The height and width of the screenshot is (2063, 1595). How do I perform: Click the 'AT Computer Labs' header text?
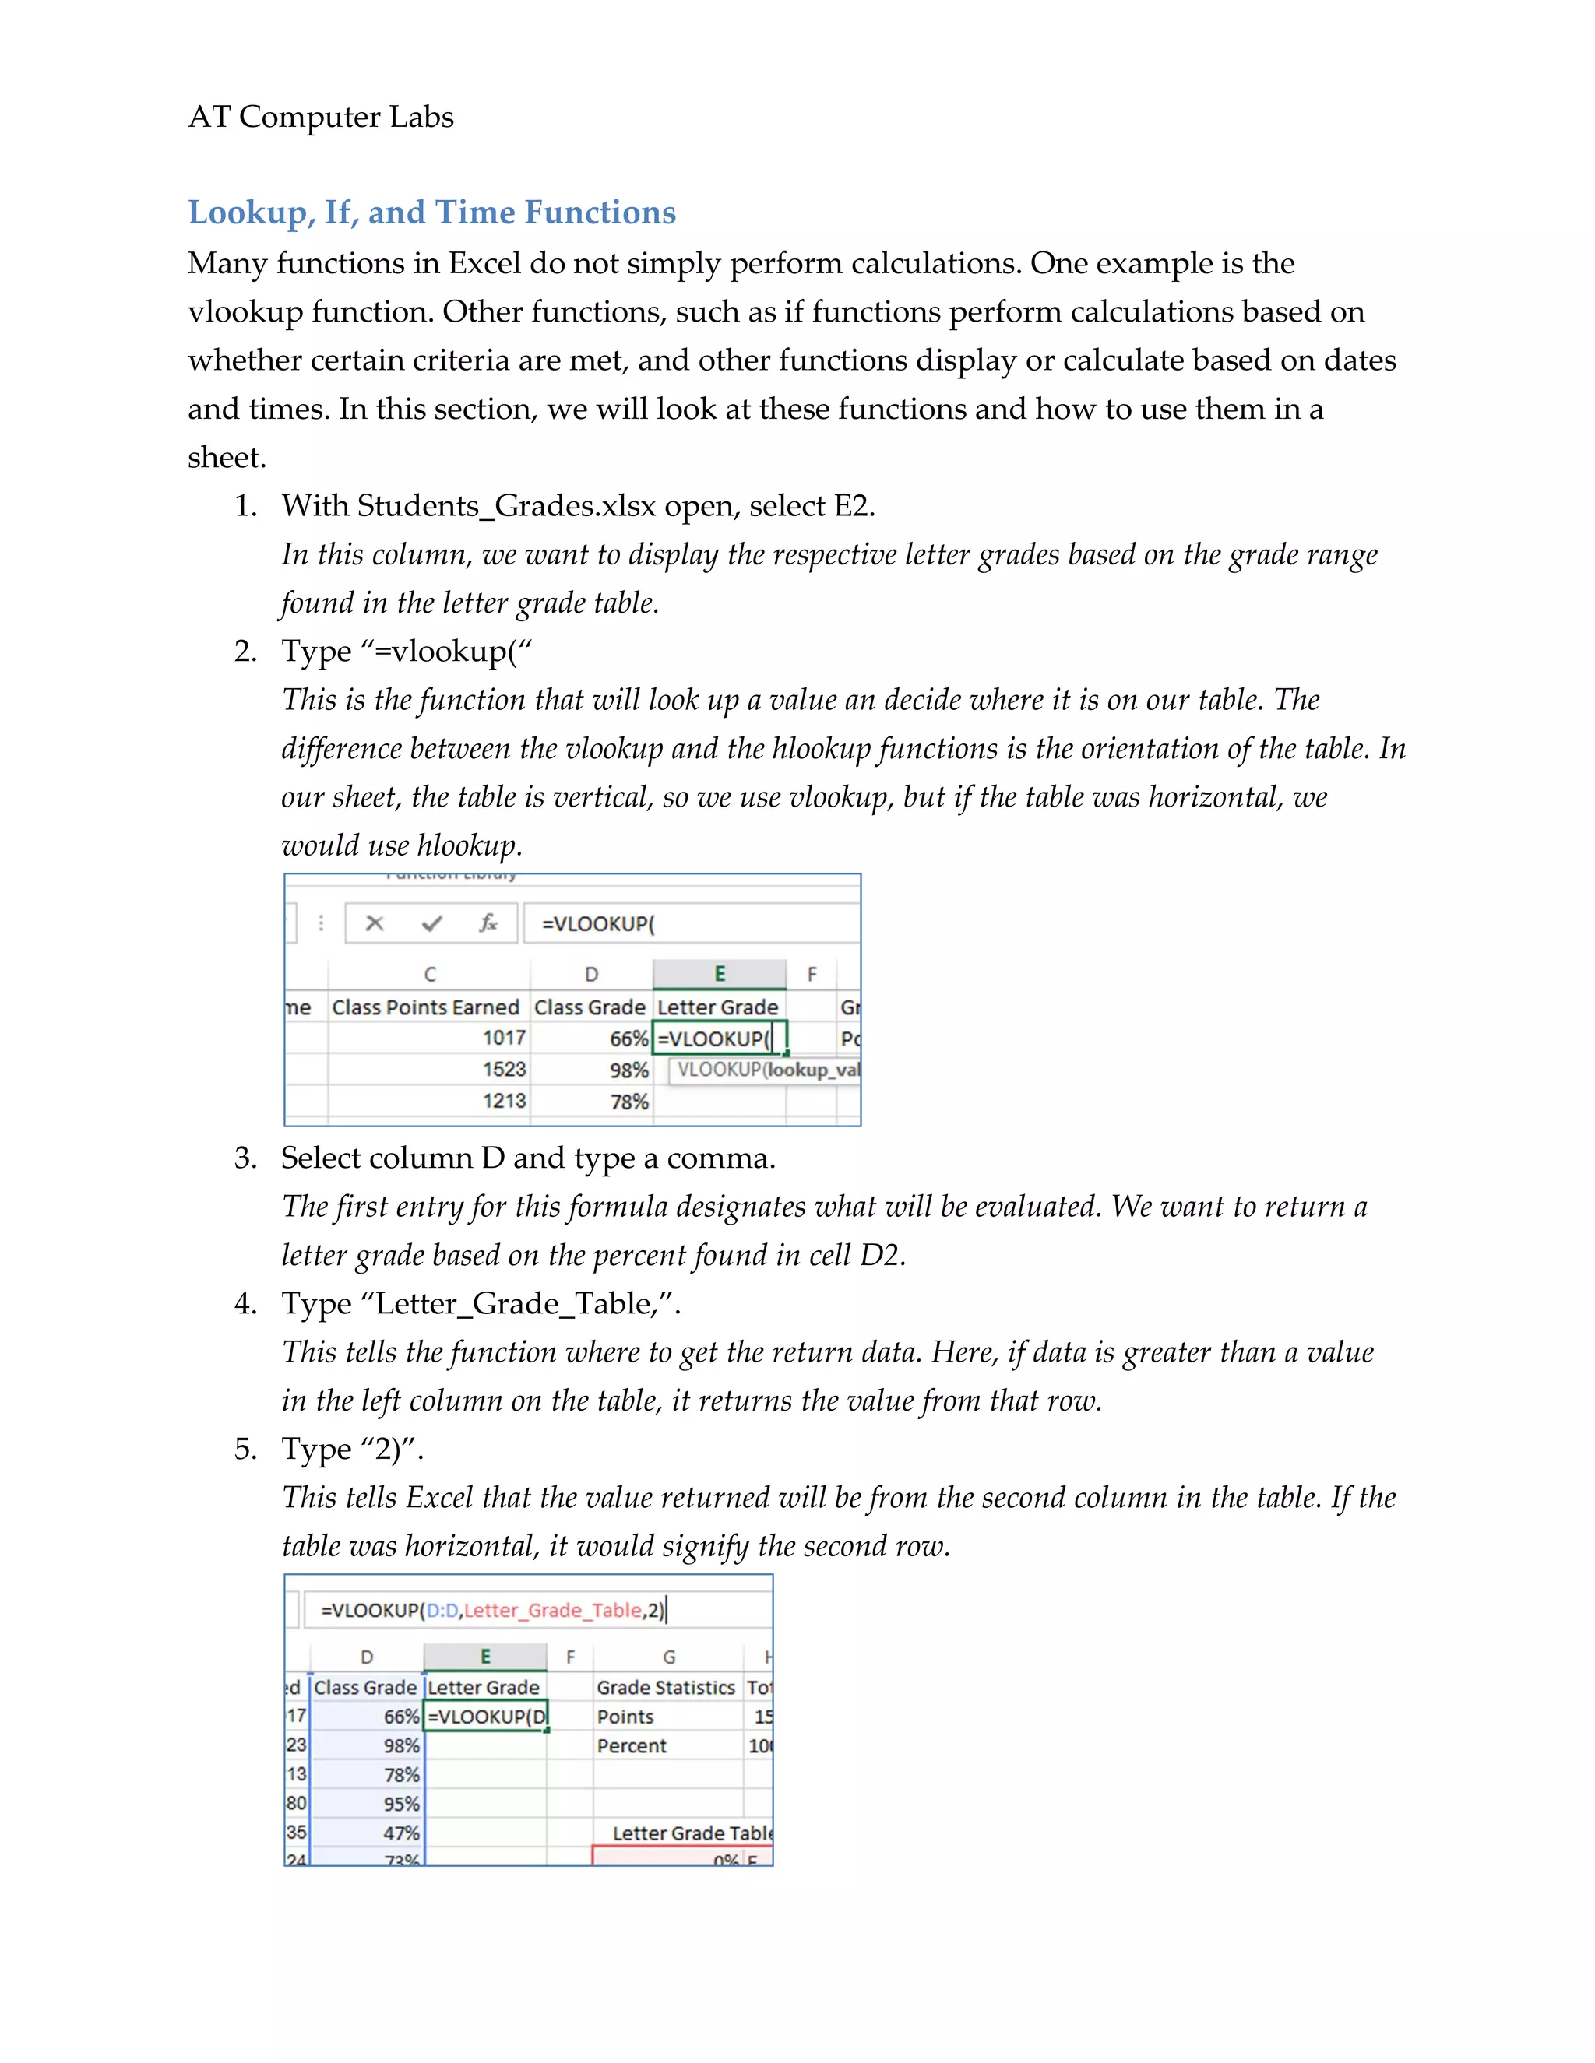click(320, 117)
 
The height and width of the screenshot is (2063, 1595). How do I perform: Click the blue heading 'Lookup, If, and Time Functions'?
click(431, 213)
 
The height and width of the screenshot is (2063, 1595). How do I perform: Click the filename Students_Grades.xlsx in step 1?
click(506, 506)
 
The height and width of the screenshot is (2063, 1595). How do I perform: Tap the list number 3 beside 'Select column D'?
click(245, 1158)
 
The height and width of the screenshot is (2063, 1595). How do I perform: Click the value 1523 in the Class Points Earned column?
click(504, 1070)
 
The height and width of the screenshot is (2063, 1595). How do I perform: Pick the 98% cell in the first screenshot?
click(628, 1070)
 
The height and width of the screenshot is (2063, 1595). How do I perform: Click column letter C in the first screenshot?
click(430, 974)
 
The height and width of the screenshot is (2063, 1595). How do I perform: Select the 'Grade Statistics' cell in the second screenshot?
click(665, 1687)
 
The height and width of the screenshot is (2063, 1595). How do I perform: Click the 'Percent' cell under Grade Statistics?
click(631, 1745)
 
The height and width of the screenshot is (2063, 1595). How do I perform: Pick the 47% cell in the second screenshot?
click(400, 1833)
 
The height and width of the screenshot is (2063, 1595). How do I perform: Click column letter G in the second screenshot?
click(668, 1657)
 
